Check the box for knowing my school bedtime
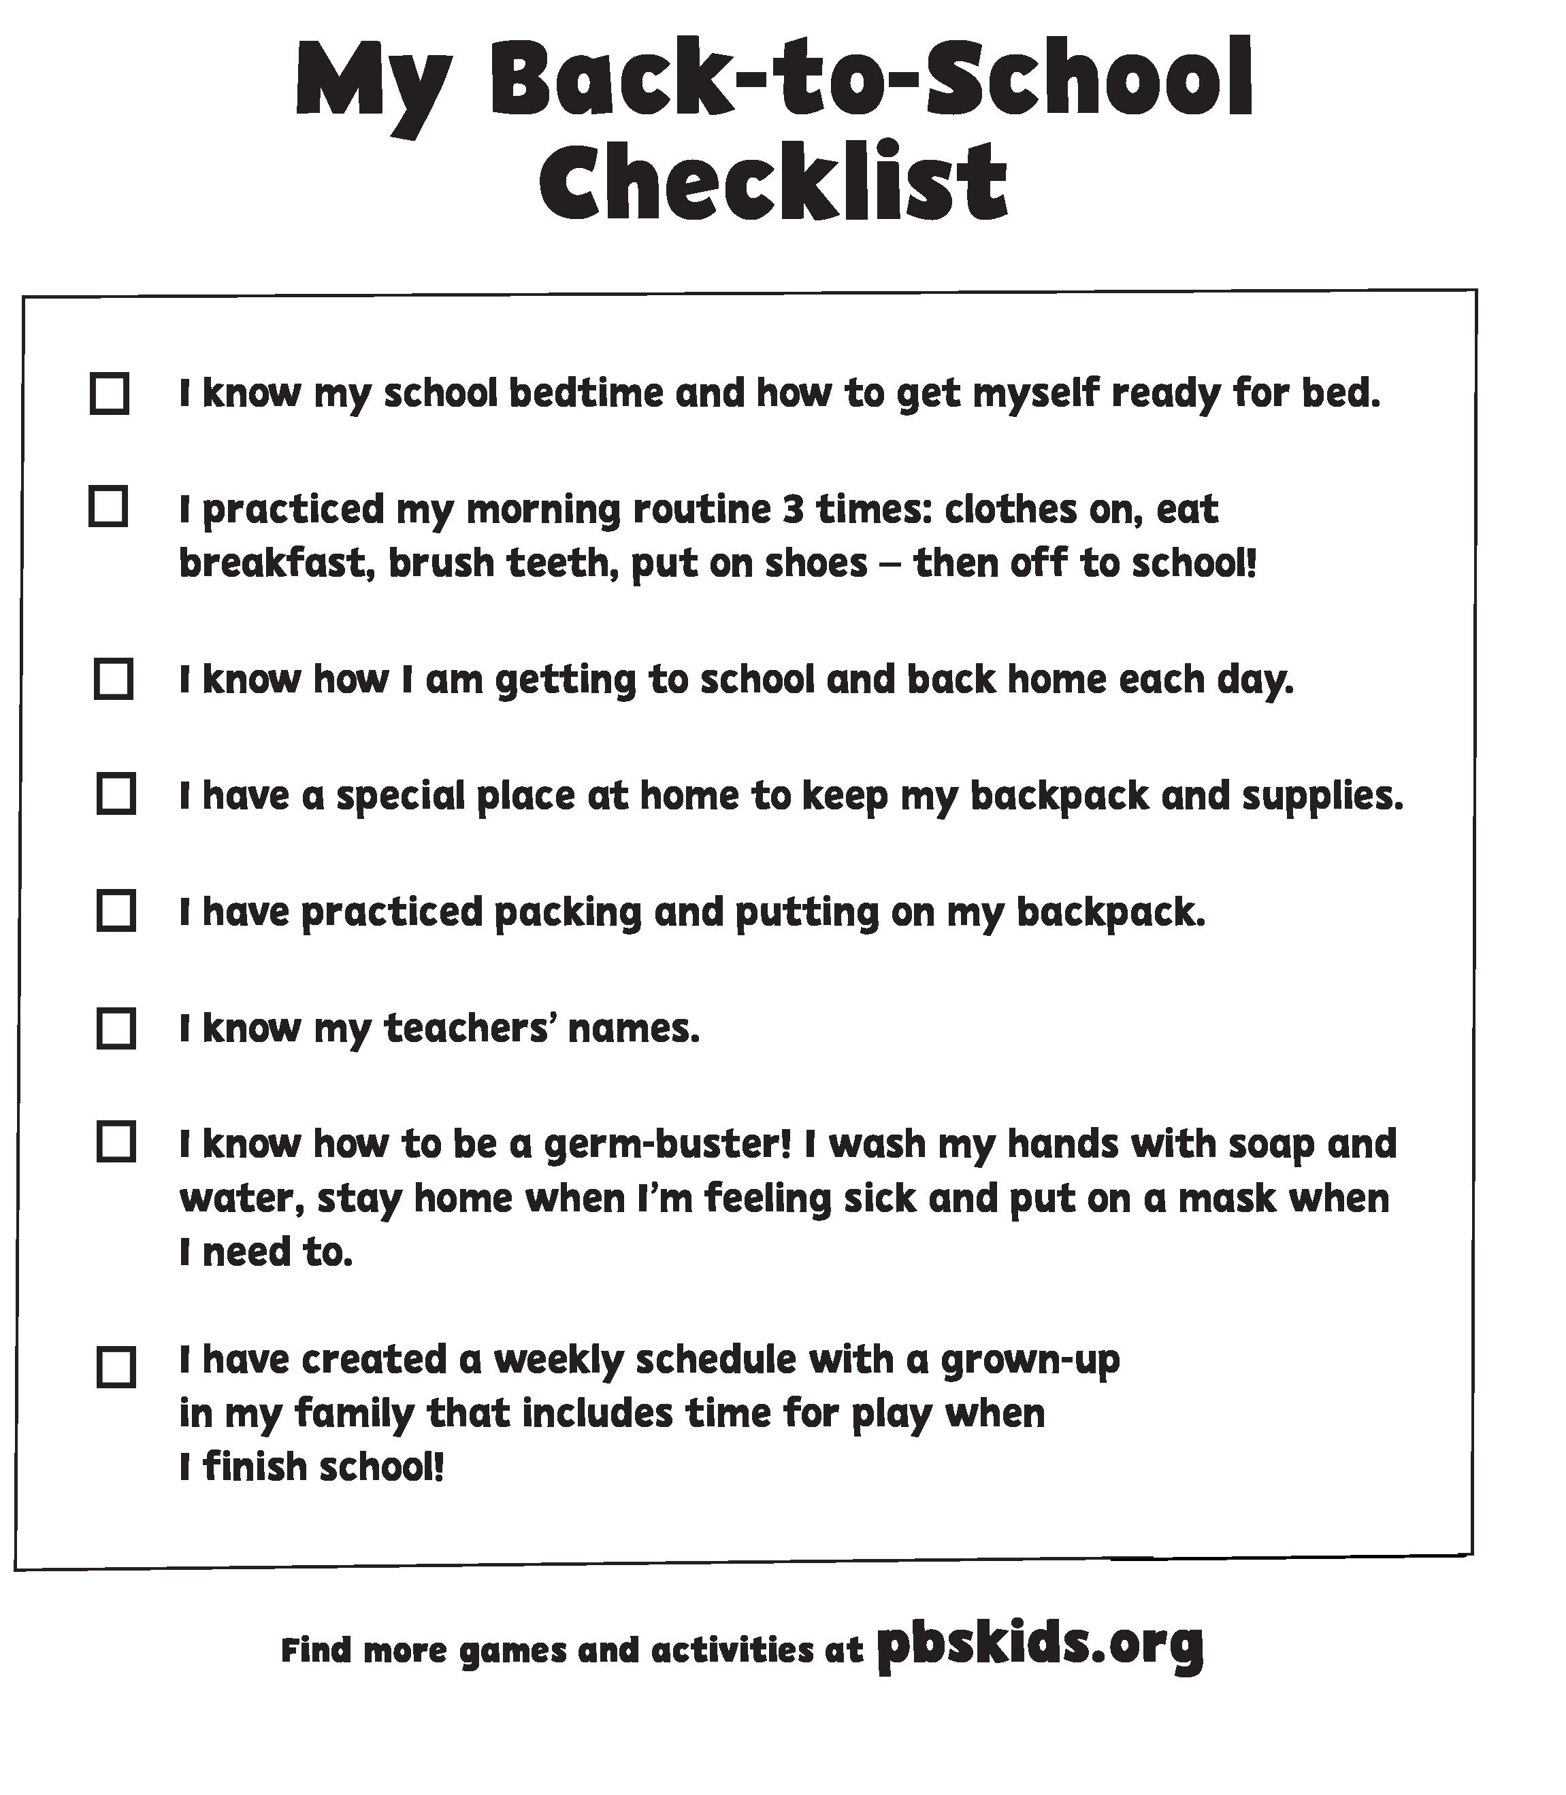110,393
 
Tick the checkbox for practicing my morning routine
108,507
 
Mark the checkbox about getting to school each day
114,680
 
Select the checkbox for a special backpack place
115,794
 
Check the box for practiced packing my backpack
115,911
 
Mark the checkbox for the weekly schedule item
115,1367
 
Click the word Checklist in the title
773,184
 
